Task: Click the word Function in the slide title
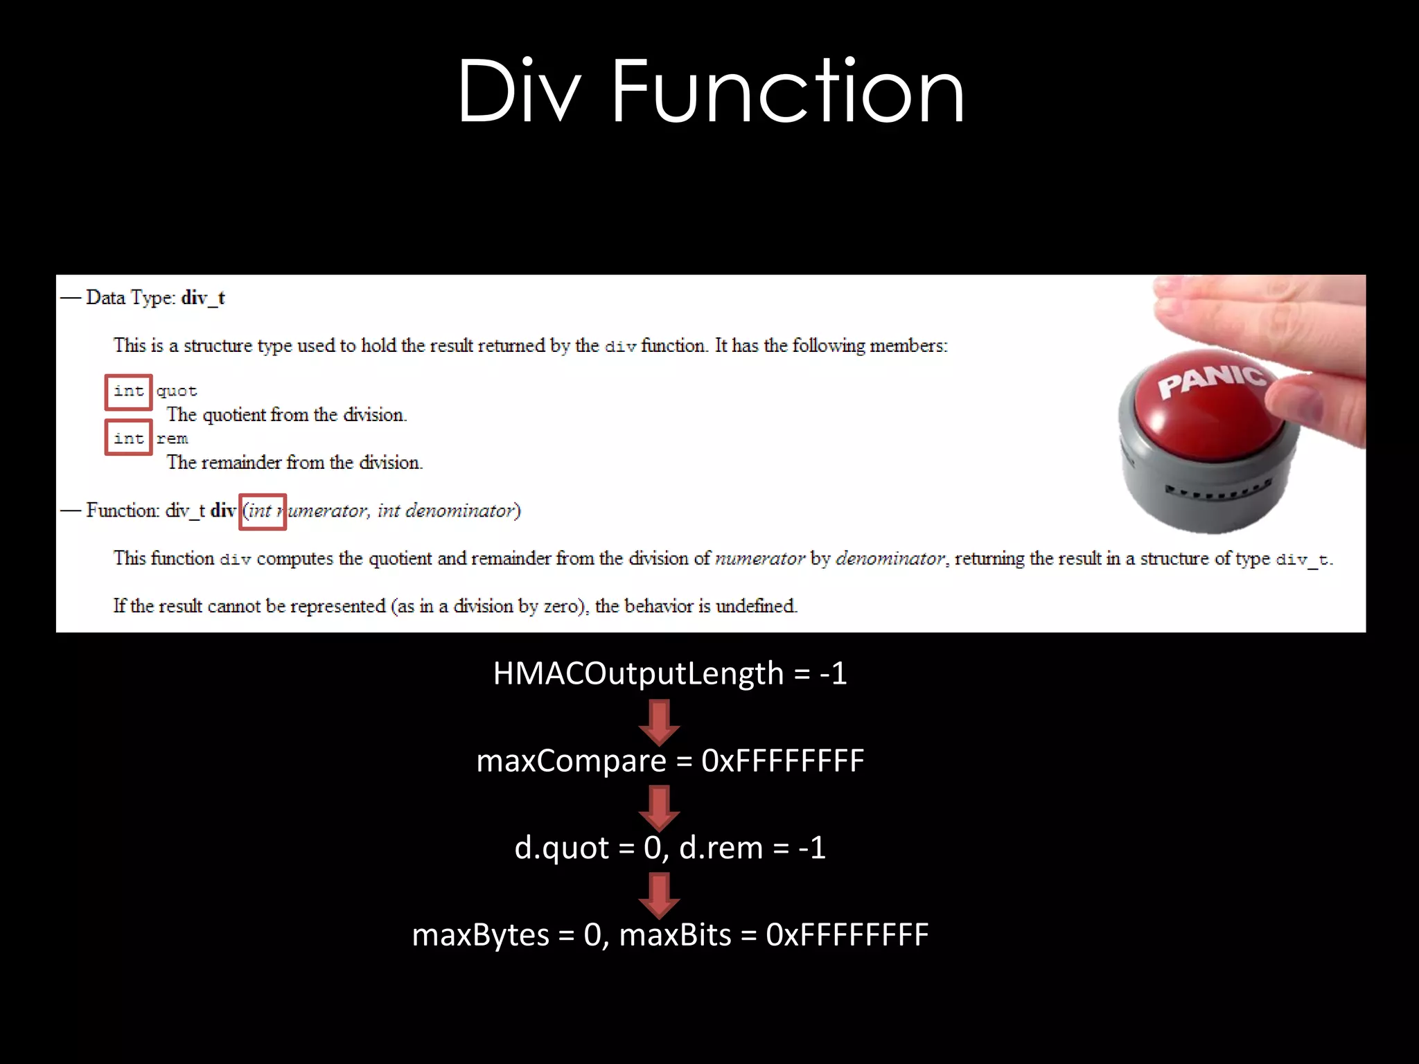tap(788, 91)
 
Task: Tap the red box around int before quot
tap(129, 392)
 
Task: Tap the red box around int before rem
tap(129, 438)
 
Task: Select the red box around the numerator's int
tap(263, 512)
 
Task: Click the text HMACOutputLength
tap(637, 674)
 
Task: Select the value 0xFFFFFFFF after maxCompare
tap(782, 761)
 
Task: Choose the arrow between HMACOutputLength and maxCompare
tap(659, 721)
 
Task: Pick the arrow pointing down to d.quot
tap(659, 808)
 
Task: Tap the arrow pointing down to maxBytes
tap(659, 895)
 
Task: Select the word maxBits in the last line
tap(675, 935)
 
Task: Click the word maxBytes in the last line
tap(481, 935)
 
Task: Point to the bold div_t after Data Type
tap(203, 298)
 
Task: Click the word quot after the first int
tap(177, 392)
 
